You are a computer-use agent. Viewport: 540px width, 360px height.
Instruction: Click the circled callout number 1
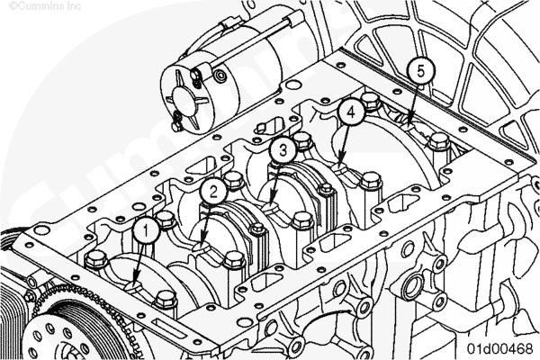[146, 230]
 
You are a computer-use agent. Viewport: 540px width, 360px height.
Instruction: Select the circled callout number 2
[213, 192]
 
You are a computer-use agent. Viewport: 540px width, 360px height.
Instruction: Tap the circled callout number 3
[283, 150]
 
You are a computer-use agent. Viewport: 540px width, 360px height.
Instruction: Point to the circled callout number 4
[351, 112]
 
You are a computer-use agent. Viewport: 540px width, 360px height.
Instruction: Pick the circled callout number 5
[421, 71]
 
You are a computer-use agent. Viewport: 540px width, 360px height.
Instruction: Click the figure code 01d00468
[500, 348]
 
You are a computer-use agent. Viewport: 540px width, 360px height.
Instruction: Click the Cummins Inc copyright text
[45, 6]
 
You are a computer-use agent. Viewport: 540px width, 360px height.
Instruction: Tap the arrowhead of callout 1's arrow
[135, 283]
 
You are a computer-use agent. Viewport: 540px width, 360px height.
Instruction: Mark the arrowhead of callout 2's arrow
[202, 244]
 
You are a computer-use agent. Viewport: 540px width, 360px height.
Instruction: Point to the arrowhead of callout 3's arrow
[272, 204]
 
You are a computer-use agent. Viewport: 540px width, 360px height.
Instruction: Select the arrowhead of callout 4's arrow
[341, 162]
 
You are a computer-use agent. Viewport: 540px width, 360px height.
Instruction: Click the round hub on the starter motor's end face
[184, 100]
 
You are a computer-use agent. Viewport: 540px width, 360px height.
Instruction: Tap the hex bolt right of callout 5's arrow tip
[439, 141]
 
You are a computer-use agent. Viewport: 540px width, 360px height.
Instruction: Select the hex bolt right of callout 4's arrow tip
[371, 181]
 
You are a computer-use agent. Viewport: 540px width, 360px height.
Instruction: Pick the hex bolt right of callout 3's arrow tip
[302, 220]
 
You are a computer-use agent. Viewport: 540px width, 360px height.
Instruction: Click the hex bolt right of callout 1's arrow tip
[166, 300]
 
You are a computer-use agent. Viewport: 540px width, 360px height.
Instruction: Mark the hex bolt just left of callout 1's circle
[96, 259]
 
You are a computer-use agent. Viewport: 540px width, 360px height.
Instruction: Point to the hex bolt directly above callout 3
[301, 139]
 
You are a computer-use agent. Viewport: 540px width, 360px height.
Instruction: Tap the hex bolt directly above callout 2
[233, 180]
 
